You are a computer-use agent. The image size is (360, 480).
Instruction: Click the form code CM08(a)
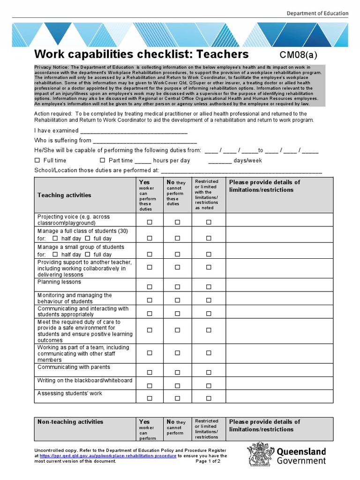(x=295, y=55)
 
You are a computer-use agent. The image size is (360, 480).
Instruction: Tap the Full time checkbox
(x=37, y=160)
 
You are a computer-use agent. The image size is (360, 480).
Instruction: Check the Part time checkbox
(x=102, y=160)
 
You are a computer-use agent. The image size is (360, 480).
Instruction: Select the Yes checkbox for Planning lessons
(x=150, y=287)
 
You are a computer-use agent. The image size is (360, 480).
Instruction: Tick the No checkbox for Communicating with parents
(x=178, y=373)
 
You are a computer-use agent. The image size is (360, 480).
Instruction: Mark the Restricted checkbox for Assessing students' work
(x=209, y=398)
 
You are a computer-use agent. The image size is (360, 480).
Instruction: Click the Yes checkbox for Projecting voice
(x=150, y=223)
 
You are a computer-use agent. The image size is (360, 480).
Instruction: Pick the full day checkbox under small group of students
(x=88, y=255)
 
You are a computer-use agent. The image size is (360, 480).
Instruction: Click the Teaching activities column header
(x=64, y=195)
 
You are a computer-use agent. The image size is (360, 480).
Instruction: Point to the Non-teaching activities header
(x=70, y=422)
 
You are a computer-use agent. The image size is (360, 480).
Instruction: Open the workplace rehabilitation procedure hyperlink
(x=108, y=456)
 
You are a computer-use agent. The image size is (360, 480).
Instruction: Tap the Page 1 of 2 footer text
(x=208, y=461)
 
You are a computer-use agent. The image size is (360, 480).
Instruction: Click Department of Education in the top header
(x=317, y=14)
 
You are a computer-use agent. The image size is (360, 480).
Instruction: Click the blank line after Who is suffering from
(x=145, y=141)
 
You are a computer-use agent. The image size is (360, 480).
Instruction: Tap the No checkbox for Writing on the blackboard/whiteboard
(x=178, y=386)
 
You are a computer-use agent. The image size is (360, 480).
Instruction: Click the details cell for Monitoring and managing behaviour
(x=279, y=298)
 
